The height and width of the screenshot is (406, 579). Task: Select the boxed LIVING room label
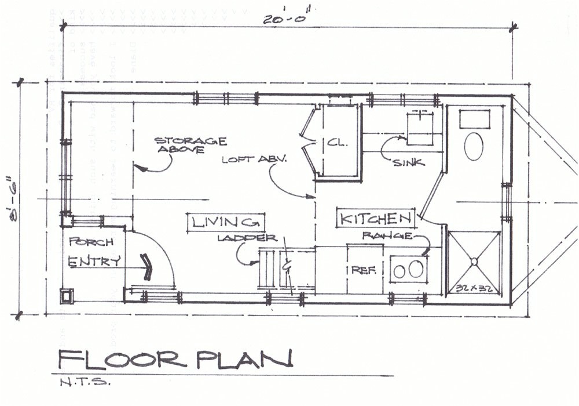point(225,222)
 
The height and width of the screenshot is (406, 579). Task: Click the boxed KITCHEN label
point(376,219)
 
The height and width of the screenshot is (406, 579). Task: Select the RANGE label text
point(387,236)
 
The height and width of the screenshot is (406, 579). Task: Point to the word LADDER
point(247,238)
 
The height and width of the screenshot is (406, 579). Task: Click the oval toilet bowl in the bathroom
point(475,146)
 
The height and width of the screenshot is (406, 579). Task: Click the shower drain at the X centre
point(475,261)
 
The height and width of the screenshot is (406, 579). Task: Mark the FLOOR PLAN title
point(174,360)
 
